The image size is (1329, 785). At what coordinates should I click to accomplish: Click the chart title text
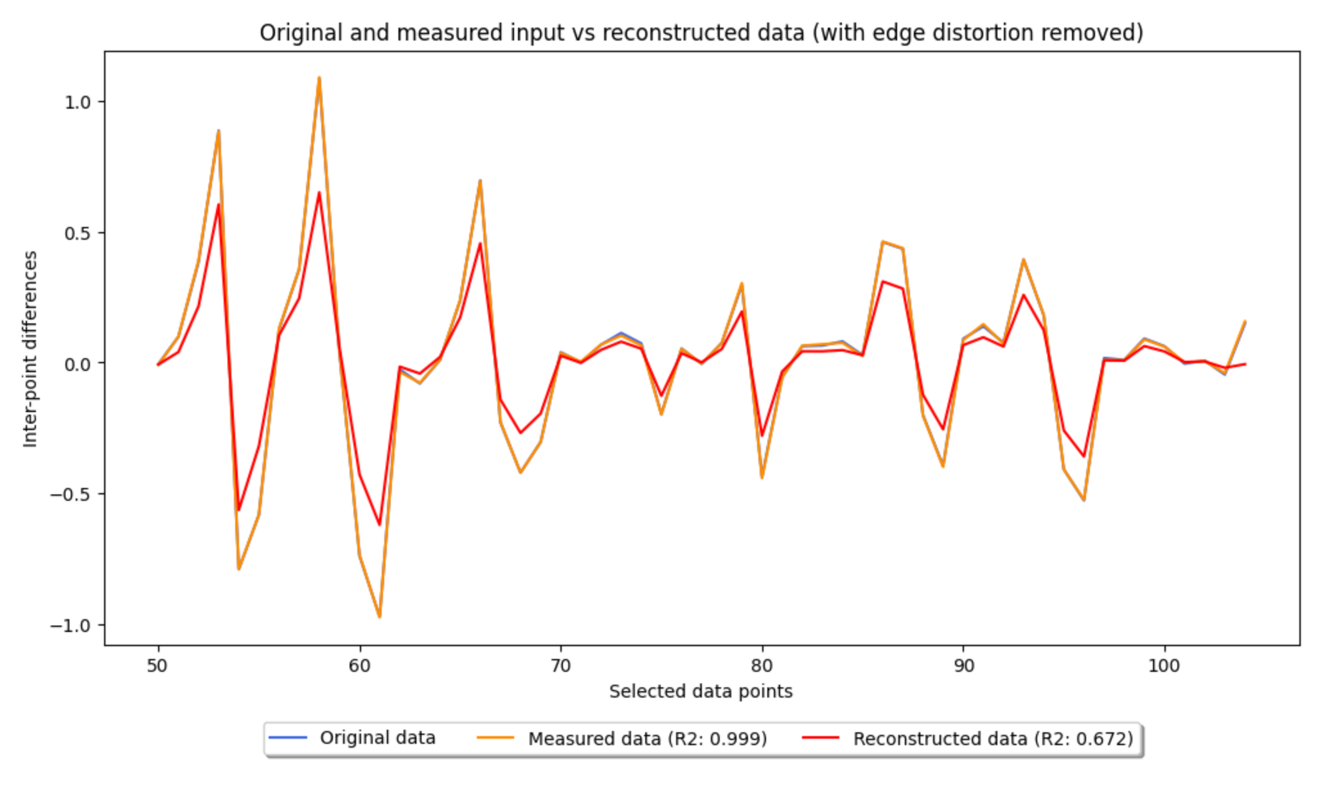[x=701, y=32]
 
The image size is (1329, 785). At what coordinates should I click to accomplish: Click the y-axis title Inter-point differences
[x=30, y=349]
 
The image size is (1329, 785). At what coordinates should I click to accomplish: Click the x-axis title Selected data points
[x=700, y=691]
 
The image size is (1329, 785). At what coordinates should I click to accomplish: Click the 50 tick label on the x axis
[x=157, y=665]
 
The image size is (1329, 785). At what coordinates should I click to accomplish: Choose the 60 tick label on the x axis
[x=359, y=665]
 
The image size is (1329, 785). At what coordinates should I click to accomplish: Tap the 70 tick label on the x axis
[x=560, y=665]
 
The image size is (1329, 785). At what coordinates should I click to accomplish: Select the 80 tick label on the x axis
[x=762, y=665]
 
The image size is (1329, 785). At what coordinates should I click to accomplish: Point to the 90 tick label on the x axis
[x=963, y=665]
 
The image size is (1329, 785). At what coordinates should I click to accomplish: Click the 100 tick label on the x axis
[x=1164, y=665]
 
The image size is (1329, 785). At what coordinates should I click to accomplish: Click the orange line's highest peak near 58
[x=319, y=78]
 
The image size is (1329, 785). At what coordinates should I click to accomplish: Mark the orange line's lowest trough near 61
[x=379, y=617]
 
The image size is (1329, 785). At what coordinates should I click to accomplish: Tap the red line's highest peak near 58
[x=319, y=193]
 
